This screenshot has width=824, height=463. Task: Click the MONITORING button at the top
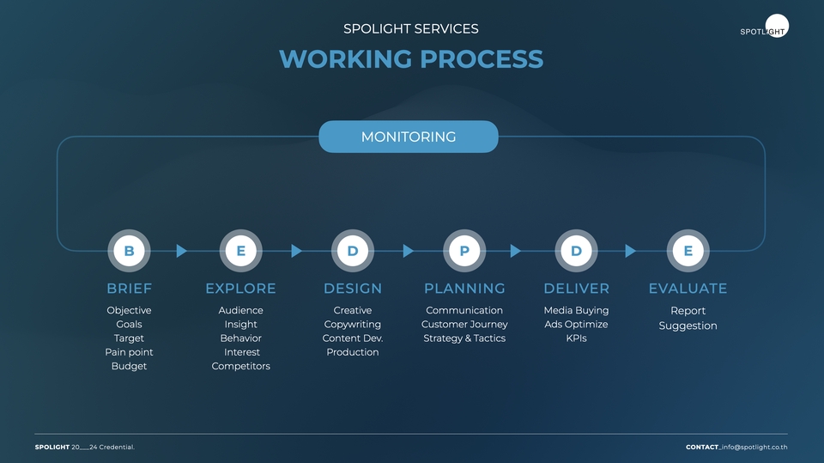point(409,137)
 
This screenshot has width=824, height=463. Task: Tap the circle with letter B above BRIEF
point(129,251)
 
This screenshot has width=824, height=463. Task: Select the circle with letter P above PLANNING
point(464,251)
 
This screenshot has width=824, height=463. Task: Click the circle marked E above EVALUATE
point(688,251)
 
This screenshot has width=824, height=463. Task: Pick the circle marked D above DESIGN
point(353,251)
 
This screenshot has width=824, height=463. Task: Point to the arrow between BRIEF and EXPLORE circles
point(181,251)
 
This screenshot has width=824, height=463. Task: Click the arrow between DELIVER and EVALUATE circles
point(630,251)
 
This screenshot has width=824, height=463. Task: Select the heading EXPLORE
point(240,289)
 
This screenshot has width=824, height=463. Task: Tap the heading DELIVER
point(576,289)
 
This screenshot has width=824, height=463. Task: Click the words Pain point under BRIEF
point(129,352)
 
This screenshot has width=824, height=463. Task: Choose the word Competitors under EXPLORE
point(240,366)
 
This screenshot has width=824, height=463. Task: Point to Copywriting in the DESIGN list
point(353,325)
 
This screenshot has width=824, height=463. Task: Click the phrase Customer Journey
point(464,325)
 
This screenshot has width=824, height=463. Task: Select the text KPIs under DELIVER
point(576,338)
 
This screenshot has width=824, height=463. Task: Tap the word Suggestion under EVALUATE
point(688,326)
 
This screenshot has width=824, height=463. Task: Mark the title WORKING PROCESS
point(411,59)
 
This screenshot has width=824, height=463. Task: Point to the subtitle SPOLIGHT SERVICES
point(411,28)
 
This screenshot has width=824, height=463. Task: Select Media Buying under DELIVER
point(576,310)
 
